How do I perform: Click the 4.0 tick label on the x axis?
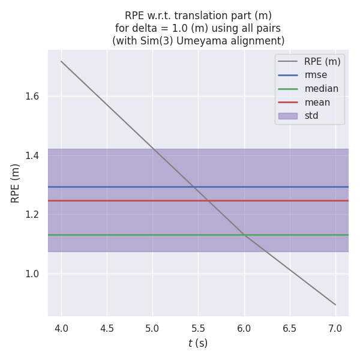click(x=61, y=328)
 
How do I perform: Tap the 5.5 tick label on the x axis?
click(x=198, y=328)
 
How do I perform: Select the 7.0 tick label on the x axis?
click(x=335, y=328)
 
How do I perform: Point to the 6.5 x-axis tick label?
click(x=289, y=328)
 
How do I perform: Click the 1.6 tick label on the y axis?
click(x=32, y=97)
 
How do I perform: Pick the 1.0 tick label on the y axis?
click(x=32, y=274)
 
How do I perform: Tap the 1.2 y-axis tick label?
click(x=32, y=215)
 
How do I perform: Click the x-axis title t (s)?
click(x=198, y=343)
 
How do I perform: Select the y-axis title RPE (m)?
click(x=16, y=183)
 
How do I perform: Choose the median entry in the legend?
click(x=321, y=89)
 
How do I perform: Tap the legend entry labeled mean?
click(x=317, y=103)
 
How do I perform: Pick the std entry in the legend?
click(x=311, y=116)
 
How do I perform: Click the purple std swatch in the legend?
click(x=288, y=116)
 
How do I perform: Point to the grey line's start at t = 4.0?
click(x=61, y=61)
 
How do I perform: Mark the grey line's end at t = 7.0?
click(x=335, y=305)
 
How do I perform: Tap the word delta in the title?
click(x=143, y=28)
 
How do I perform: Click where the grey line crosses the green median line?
click(x=244, y=235)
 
